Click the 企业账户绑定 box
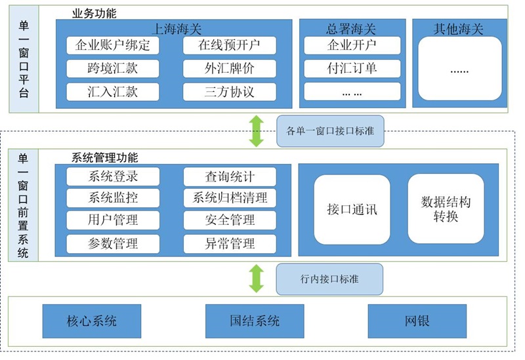pos(113,45)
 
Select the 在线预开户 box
pos(229,45)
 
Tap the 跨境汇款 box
pos(113,68)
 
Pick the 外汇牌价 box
pos(229,68)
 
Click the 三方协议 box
pos(229,92)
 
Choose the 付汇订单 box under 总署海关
pos(351,68)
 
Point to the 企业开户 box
pos(351,45)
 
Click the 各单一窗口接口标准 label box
pos(330,130)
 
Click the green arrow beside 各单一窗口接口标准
pos(256,130)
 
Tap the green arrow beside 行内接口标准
pos(256,278)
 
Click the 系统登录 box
pos(113,176)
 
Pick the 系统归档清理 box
pos(229,198)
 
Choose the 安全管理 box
pos(229,220)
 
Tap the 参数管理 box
pos(113,244)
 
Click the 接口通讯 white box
pos(352,209)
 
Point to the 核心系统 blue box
pos(92,321)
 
